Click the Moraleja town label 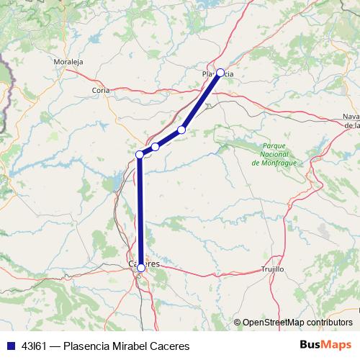(68, 62)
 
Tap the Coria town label (101, 90)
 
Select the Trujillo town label (273, 269)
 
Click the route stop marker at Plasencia (220, 73)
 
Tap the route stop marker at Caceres (141, 267)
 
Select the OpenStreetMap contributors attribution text (297, 322)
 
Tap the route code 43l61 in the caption (33, 346)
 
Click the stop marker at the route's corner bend (140, 154)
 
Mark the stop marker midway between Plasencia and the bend (181, 130)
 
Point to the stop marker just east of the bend (156, 147)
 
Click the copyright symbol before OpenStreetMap (237, 322)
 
